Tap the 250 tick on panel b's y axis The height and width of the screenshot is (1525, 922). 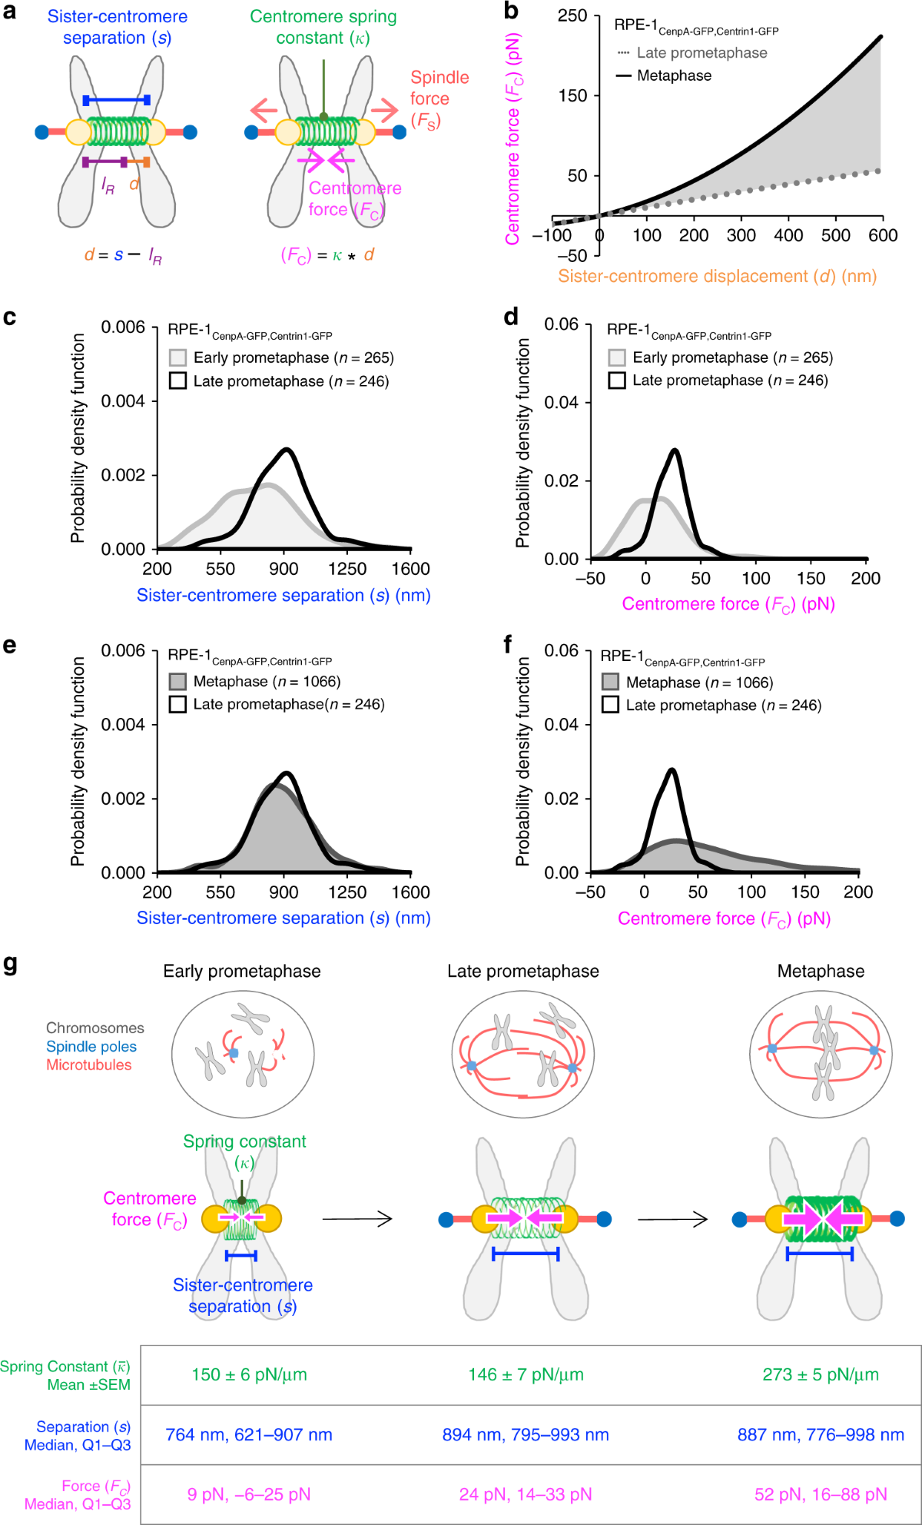(572, 16)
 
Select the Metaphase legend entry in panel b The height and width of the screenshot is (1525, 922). (673, 75)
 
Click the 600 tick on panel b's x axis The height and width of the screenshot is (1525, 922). (882, 235)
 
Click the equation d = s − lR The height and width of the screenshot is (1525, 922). (123, 255)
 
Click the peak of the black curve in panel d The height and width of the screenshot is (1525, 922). (675, 450)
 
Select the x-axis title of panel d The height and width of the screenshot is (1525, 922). (728, 604)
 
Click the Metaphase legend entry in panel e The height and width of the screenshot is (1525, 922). (266, 681)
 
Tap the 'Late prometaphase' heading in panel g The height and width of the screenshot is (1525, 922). (522, 972)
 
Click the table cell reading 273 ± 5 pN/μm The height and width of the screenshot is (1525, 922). (821, 1374)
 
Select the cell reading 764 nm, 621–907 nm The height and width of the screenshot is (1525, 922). (249, 1434)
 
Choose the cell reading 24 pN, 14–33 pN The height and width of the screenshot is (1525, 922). (526, 1494)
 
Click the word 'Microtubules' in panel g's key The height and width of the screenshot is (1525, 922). (88, 1065)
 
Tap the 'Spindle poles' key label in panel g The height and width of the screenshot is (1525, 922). (91, 1046)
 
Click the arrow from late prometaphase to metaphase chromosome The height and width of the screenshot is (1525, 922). (672, 1219)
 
